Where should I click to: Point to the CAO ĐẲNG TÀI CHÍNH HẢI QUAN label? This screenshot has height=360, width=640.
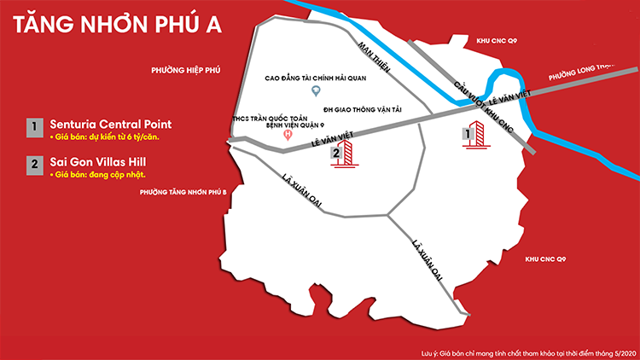pyautogui.click(x=314, y=76)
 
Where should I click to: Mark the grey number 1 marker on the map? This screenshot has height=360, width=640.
pyautogui.click(x=466, y=133)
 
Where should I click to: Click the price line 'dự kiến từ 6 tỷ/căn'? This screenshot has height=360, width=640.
pyautogui.click(x=106, y=137)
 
